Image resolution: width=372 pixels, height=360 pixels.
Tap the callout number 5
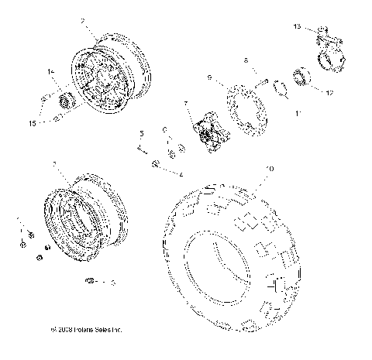click(142, 133)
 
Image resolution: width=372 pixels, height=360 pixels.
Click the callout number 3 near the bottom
click(113, 283)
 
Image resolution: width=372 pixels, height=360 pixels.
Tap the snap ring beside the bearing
click(282, 94)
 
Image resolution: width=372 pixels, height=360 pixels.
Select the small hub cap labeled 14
click(65, 99)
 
